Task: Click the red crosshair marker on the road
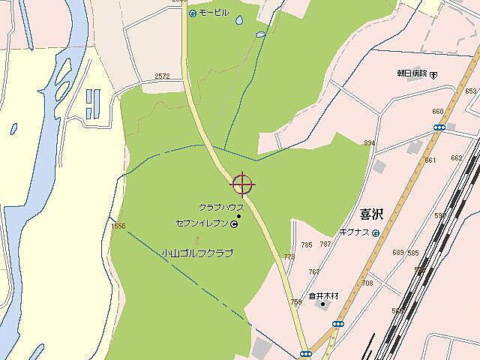pyautogui.click(x=242, y=183)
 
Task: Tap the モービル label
pyautogui.click(x=213, y=13)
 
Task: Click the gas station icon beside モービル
pyautogui.click(x=192, y=13)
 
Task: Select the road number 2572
pyautogui.click(x=162, y=76)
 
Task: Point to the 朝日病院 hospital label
pyautogui.click(x=412, y=73)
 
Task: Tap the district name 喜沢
pyautogui.click(x=370, y=214)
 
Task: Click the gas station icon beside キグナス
pyautogui.click(x=376, y=233)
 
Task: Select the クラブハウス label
pyautogui.click(x=221, y=207)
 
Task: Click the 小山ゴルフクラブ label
pyautogui.click(x=197, y=253)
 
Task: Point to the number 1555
pyautogui.click(x=118, y=226)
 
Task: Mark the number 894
pyautogui.click(x=369, y=142)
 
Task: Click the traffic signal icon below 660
pyautogui.click(x=439, y=127)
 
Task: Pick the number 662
pyautogui.click(x=456, y=158)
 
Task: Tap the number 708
pyautogui.click(x=367, y=283)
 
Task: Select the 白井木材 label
pyautogui.click(x=324, y=295)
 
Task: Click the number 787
pyautogui.click(x=325, y=244)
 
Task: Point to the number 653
pyautogui.click(x=470, y=91)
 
